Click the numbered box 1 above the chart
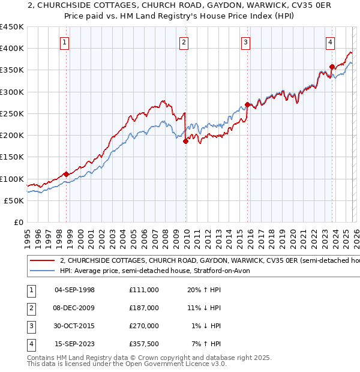64,42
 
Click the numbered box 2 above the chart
183,42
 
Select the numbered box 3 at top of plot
246,42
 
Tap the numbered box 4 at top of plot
330,42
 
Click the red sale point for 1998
66,174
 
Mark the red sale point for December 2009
185,141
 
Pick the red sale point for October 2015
247,105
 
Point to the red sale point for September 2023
332,67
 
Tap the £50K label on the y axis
14,200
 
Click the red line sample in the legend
43,261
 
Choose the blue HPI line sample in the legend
43,271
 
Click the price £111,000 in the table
143,290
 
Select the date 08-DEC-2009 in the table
74,308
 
